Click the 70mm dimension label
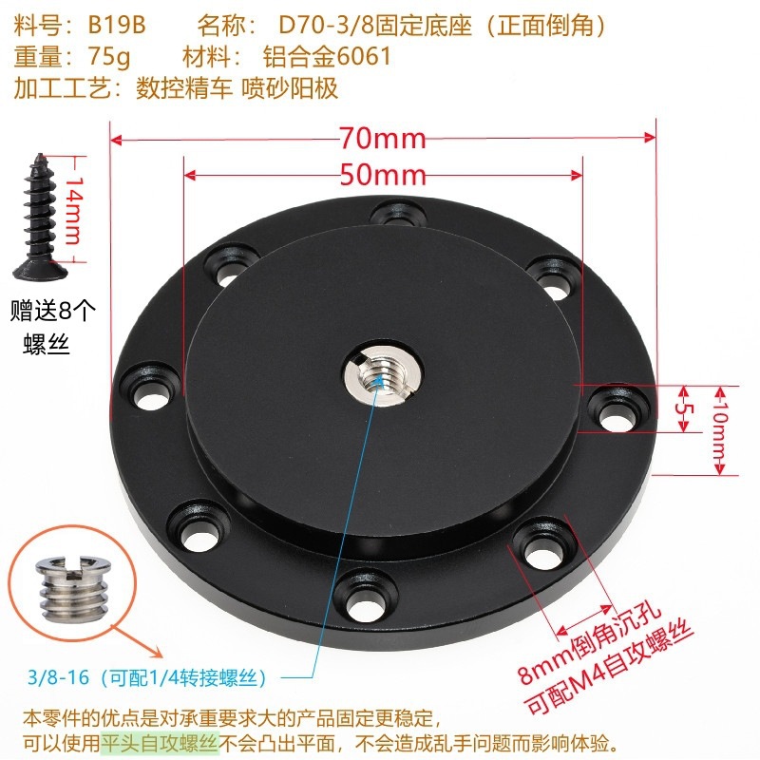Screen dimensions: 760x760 382,138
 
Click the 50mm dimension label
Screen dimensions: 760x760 383,175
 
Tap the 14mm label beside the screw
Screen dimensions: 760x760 74,209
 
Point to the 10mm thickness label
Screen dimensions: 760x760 721,430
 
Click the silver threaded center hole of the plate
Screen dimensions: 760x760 382,374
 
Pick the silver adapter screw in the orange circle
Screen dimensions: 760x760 73,589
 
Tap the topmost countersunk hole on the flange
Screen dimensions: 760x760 398,213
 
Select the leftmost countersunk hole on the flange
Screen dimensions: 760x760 150,390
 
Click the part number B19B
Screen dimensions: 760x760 117,26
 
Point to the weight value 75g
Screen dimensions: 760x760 109,57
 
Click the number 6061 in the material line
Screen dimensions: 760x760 364,56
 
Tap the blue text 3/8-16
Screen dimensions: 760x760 59,676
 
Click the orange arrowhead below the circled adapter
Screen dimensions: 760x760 157,652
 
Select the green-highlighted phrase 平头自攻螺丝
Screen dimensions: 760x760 159,743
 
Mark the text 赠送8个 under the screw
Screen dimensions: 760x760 53,312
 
